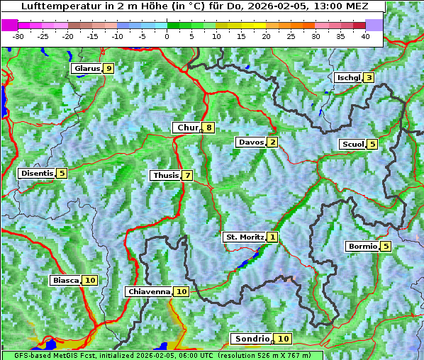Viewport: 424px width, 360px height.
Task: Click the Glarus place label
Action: coord(87,69)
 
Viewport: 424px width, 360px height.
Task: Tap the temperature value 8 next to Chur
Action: coord(209,128)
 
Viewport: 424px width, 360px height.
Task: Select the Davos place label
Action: coord(251,142)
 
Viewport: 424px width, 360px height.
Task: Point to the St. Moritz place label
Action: coord(244,237)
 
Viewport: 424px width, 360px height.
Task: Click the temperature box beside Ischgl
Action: coord(369,77)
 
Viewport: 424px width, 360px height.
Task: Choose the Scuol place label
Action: coord(353,144)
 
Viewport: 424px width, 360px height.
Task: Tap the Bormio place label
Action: coord(362,247)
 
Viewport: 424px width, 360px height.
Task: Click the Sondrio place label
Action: coord(252,339)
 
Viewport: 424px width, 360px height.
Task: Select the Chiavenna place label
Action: coord(149,291)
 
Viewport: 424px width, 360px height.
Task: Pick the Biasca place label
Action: coord(66,281)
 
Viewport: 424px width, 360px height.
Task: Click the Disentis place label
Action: coord(37,173)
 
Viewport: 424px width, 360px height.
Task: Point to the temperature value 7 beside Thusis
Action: coord(187,175)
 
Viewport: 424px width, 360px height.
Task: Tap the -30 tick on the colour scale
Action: coord(18,35)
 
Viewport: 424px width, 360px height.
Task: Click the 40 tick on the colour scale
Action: coord(365,35)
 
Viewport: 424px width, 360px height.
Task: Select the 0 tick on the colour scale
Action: coord(167,35)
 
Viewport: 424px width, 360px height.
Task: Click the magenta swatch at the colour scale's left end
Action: coord(10,25)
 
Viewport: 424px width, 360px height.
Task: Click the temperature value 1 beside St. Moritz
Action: coord(273,237)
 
